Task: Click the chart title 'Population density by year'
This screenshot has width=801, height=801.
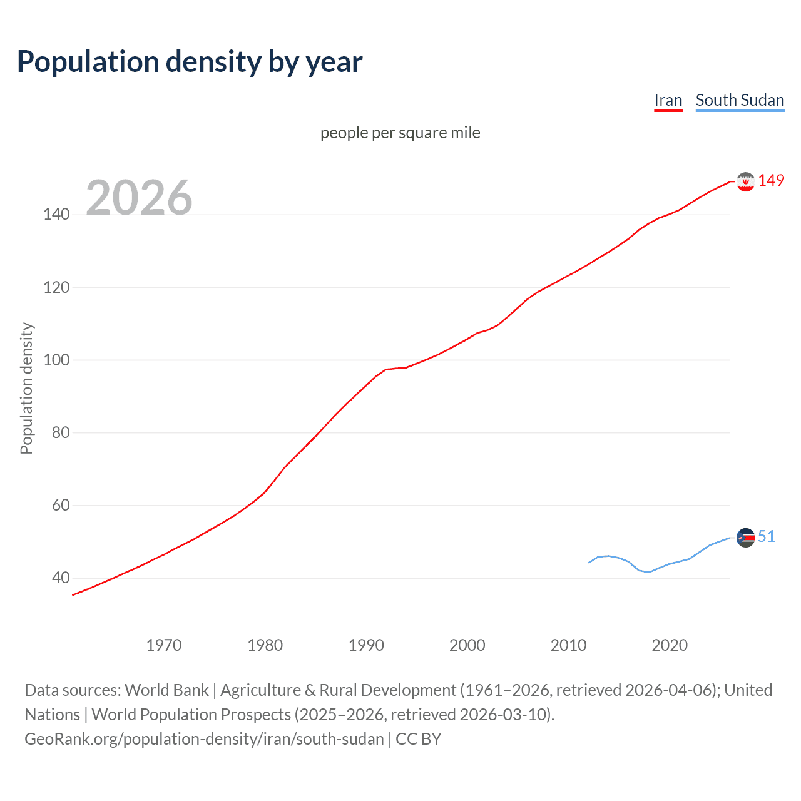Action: (190, 62)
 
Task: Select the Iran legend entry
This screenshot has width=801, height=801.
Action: (668, 100)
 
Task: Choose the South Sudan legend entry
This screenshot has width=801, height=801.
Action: (740, 100)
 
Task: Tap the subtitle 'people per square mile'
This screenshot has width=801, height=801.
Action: (400, 133)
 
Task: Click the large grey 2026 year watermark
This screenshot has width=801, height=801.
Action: (139, 198)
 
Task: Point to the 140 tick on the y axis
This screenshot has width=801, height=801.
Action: (56, 215)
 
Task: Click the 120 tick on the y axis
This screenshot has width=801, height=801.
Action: (56, 287)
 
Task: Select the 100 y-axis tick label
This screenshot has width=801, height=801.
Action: (56, 360)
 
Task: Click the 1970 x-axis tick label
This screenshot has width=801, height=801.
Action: (164, 645)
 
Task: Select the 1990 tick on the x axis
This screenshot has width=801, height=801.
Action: (366, 645)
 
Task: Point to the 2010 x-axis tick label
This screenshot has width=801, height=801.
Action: (568, 645)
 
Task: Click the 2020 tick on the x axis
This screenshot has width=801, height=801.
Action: (670, 645)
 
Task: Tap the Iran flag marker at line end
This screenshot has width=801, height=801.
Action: (745, 181)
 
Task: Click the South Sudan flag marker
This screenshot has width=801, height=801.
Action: (745, 538)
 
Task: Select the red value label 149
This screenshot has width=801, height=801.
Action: (771, 181)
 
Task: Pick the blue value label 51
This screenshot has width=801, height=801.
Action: (767, 536)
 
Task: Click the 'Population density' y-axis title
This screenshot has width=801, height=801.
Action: (26, 388)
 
